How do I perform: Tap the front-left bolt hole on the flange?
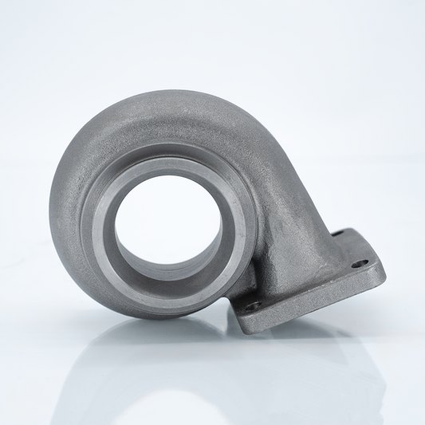click(253, 305)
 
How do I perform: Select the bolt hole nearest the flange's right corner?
click(360, 262)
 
